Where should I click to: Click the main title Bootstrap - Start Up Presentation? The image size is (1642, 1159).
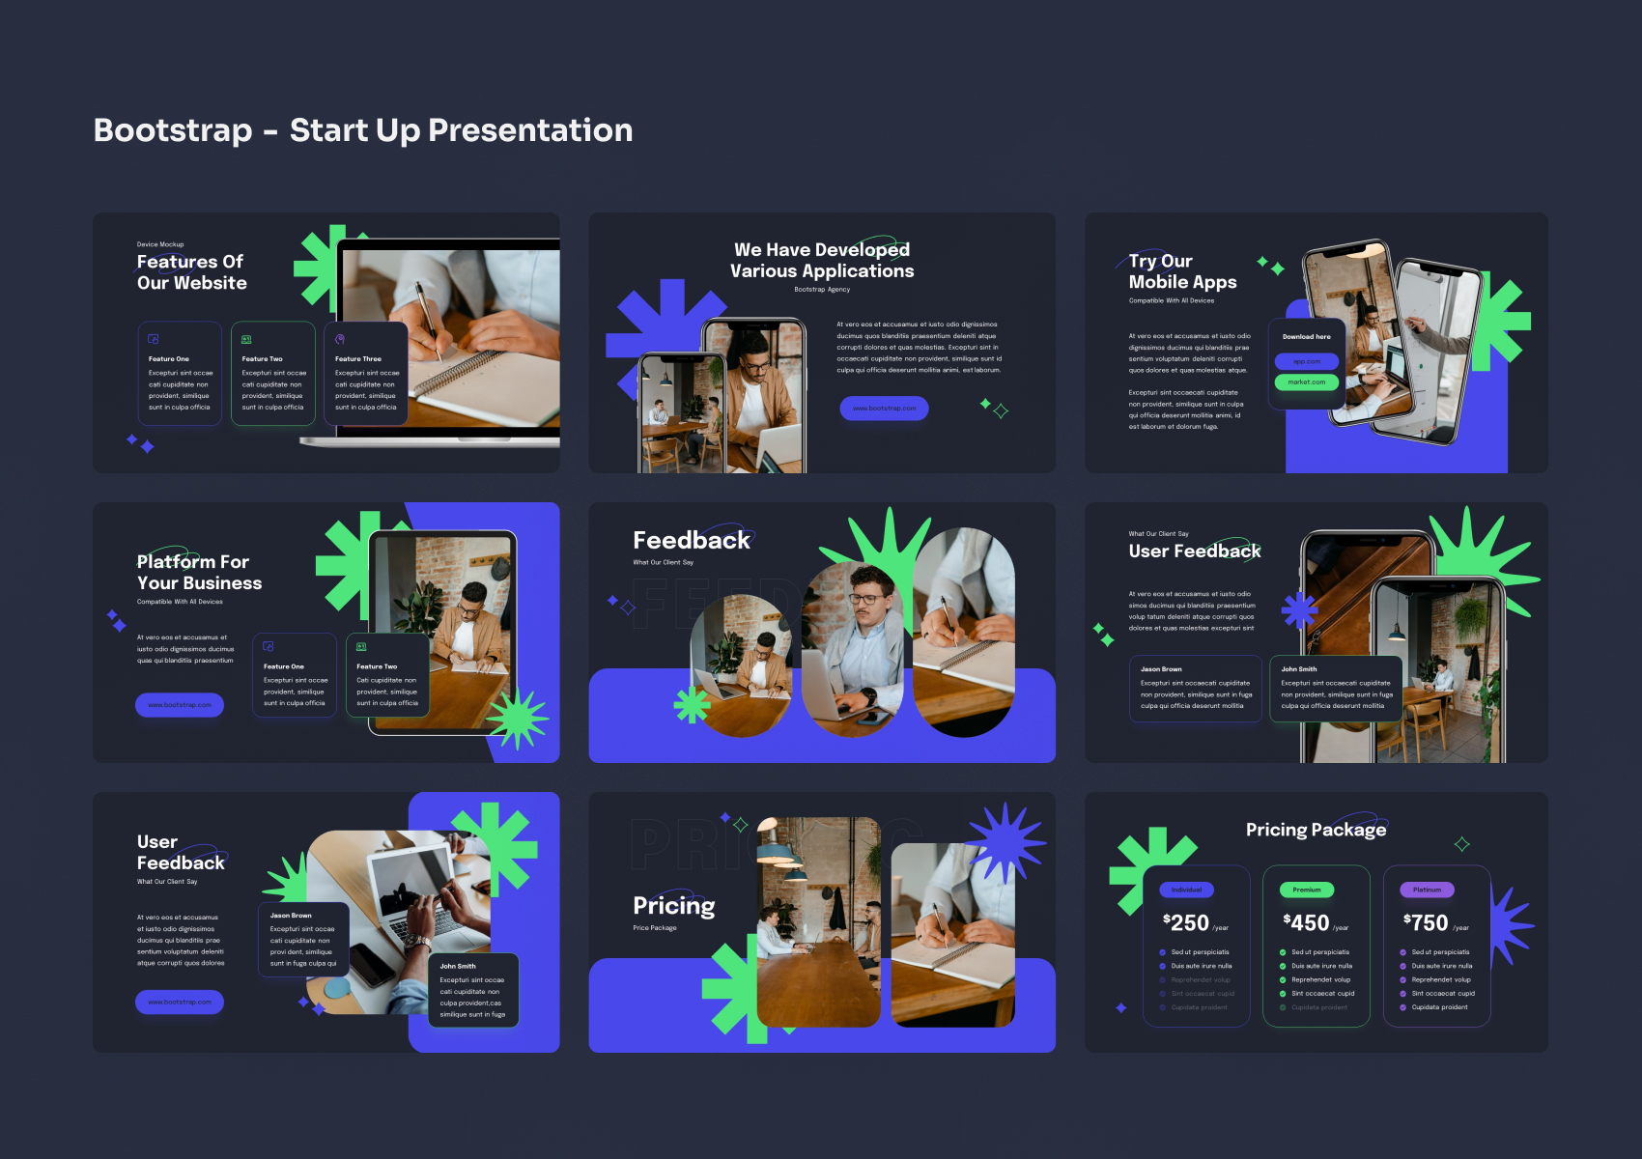point(363,130)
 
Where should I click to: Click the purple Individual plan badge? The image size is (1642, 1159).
point(1186,890)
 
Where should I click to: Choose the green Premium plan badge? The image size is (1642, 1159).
point(1307,890)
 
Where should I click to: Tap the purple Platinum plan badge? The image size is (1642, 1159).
point(1427,890)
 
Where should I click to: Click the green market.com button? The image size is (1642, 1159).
point(1306,382)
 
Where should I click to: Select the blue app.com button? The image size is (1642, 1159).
point(1306,361)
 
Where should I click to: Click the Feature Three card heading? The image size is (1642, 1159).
point(358,359)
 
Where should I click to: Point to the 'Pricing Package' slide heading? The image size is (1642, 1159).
point(1316,830)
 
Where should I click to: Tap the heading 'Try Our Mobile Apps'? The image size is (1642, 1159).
point(1181,271)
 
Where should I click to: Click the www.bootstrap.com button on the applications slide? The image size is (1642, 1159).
point(884,409)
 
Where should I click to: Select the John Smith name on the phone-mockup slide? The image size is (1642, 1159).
point(1299,669)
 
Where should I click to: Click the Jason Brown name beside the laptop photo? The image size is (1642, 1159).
point(291,916)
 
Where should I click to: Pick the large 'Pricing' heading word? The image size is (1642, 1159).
point(674,906)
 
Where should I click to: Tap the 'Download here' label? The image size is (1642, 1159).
point(1306,337)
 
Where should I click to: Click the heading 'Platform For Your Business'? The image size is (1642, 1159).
point(199,573)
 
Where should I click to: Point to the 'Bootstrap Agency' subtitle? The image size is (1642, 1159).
point(822,290)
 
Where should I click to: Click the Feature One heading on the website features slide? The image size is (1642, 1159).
point(169,359)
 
